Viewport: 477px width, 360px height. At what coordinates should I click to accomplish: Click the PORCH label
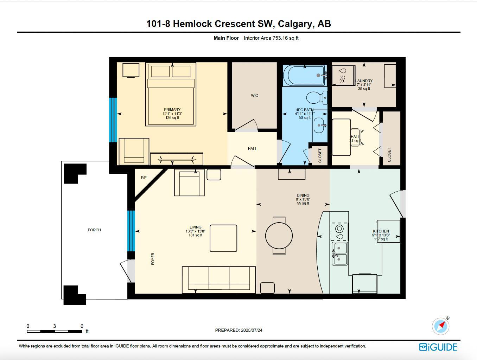click(94, 230)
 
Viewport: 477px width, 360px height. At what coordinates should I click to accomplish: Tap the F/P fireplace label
click(144, 178)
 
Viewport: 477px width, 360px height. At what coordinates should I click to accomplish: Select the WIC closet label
click(254, 95)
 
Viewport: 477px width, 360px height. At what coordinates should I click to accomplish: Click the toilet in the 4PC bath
click(316, 98)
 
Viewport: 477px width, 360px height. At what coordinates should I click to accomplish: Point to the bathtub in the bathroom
click(305, 75)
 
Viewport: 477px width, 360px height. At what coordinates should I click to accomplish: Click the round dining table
click(279, 236)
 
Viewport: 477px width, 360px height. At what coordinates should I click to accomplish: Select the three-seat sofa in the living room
click(218, 279)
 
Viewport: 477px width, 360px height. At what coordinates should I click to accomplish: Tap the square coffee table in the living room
click(223, 238)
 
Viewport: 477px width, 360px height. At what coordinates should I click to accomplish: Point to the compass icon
click(440, 326)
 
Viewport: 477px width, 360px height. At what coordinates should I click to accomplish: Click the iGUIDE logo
click(438, 347)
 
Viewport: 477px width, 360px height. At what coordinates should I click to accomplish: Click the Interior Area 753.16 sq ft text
click(271, 38)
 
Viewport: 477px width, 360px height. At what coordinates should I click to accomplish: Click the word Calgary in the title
click(295, 24)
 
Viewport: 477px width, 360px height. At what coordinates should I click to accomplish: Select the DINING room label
click(303, 195)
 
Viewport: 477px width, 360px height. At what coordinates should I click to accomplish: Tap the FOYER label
click(153, 259)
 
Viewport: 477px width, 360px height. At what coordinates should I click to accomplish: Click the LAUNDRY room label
click(364, 81)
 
